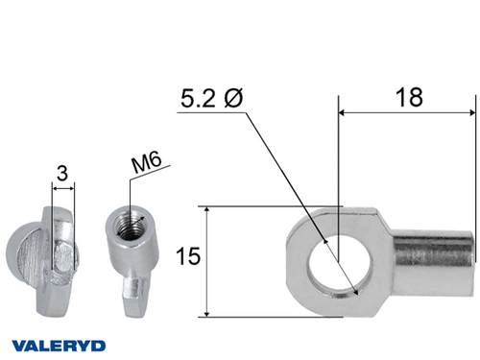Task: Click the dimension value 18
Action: click(x=409, y=97)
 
